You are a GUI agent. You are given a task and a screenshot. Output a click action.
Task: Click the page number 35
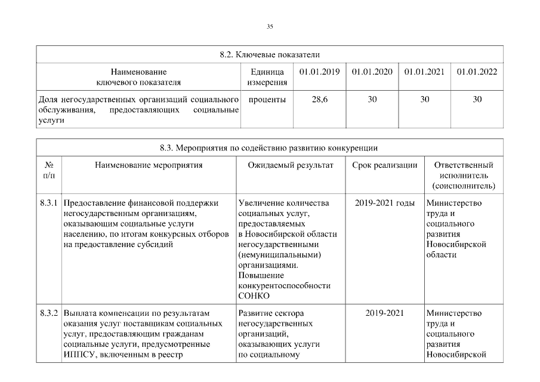click(270, 27)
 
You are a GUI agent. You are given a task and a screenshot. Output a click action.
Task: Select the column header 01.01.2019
click(319, 72)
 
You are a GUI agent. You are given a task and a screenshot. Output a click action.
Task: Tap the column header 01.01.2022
click(477, 72)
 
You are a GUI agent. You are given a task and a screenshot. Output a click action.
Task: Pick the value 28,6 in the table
click(319, 99)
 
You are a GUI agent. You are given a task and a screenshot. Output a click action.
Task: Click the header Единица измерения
click(266, 76)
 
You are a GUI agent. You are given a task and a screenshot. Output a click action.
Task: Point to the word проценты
click(267, 99)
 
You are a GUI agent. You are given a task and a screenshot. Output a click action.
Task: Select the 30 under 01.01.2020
click(372, 99)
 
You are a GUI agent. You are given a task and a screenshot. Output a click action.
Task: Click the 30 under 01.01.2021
click(424, 99)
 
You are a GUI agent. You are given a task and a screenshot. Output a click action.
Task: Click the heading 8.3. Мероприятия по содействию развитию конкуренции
click(270, 147)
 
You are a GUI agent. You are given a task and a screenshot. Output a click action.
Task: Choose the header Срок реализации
click(384, 165)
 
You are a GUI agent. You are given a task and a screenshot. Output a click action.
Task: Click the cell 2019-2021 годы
click(384, 203)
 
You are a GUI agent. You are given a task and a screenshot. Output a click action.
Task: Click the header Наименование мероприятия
click(149, 165)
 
